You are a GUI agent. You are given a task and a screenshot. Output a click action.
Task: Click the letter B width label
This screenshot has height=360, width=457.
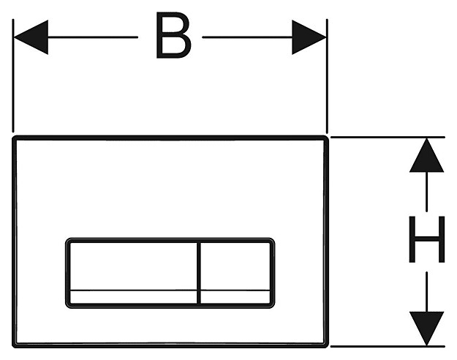coord(173,35)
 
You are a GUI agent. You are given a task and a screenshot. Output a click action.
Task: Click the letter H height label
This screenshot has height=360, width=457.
coord(427,239)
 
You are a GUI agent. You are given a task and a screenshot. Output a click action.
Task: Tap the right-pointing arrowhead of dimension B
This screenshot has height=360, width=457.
coord(309,37)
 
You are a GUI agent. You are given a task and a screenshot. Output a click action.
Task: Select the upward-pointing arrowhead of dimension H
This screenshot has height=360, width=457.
coord(427,155)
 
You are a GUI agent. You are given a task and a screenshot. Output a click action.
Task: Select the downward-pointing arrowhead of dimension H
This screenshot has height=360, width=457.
coord(427,329)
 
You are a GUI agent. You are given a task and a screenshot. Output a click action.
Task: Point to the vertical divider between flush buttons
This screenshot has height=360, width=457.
coord(199,273)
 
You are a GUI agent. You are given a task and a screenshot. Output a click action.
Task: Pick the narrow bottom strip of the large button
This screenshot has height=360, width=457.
coord(134,297)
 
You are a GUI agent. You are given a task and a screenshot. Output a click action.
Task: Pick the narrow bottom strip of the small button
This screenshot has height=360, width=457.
coord(235,297)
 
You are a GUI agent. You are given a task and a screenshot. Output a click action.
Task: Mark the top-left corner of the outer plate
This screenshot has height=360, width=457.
coord(13,138)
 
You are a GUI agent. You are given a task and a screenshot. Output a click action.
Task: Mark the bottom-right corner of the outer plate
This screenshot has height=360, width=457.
coord(327,346)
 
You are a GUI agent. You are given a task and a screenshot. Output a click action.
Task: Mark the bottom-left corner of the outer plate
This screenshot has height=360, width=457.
coord(13,346)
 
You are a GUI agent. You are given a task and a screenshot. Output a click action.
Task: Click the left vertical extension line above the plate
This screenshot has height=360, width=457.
coord(13,76)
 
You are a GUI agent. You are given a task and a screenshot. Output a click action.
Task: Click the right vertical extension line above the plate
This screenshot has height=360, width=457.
coord(327,76)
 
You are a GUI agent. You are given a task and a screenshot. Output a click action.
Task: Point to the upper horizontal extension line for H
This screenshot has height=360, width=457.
coord(388,137)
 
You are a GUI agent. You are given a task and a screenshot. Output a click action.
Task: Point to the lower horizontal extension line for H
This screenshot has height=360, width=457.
coord(388,346)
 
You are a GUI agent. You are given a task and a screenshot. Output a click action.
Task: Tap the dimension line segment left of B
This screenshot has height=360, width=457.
coord(93,37)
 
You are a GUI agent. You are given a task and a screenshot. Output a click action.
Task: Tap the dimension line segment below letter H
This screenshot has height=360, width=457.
coord(427,292)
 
